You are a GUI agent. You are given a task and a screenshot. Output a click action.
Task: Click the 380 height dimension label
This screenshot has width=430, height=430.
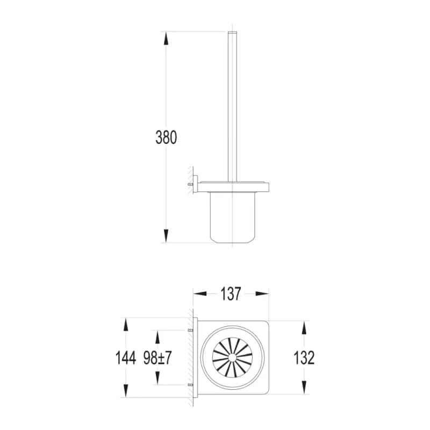coord(166,138)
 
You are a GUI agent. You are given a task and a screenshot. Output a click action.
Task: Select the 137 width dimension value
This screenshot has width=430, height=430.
coord(231,293)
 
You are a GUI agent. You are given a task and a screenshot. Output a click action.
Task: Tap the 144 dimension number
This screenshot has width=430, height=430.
coord(126,358)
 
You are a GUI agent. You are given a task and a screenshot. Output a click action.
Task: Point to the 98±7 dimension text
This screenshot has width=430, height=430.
coord(157,358)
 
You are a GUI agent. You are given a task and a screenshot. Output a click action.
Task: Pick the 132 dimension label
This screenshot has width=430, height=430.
coord(304,358)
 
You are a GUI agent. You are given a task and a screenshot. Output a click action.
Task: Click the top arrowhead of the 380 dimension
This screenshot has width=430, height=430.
coord(166,38)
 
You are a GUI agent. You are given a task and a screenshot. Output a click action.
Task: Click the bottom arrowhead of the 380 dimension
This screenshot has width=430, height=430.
coord(166,236)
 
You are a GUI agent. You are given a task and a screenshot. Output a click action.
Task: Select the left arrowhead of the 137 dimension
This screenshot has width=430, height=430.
coord(200,293)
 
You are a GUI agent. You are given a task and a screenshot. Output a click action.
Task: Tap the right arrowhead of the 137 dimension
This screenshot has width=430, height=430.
coord(262,293)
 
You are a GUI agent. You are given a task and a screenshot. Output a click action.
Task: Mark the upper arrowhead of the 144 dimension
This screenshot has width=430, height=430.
coord(126,325)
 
